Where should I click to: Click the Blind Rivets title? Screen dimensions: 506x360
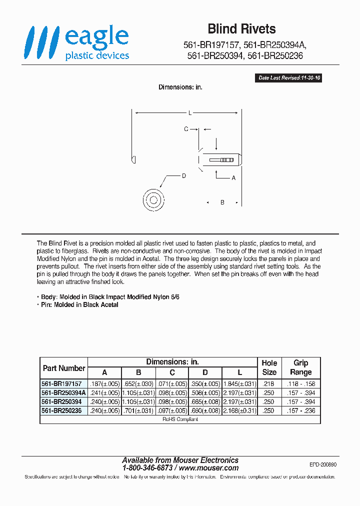pyautogui.click(x=241, y=29)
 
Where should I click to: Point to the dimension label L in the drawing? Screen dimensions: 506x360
pyautogui.click(x=190, y=113)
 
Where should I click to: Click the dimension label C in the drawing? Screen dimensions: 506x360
pyautogui.click(x=186, y=129)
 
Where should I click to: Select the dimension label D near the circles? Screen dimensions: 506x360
pyautogui.click(x=184, y=176)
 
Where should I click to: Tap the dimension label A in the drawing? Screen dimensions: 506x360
pyautogui.click(x=233, y=177)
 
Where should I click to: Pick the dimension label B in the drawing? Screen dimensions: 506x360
pyautogui.click(x=222, y=202)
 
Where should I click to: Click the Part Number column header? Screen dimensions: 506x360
pyautogui.click(x=64, y=368)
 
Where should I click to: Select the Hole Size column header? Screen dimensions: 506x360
pyautogui.click(x=269, y=367)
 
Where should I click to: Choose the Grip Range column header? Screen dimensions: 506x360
pyautogui.click(x=300, y=367)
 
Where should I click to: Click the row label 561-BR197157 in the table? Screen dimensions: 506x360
pyautogui.click(x=61, y=383)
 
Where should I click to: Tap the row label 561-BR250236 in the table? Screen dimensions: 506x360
pyautogui.click(x=61, y=410)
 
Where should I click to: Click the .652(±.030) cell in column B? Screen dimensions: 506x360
pyautogui.click(x=138, y=383)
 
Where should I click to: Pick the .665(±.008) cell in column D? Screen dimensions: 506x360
pyautogui.click(x=205, y=401)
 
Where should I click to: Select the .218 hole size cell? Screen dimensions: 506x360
pyautogui.click(x=269, y=383)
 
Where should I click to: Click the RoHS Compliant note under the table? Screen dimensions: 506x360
pyautogui.click(x=180, y=419)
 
